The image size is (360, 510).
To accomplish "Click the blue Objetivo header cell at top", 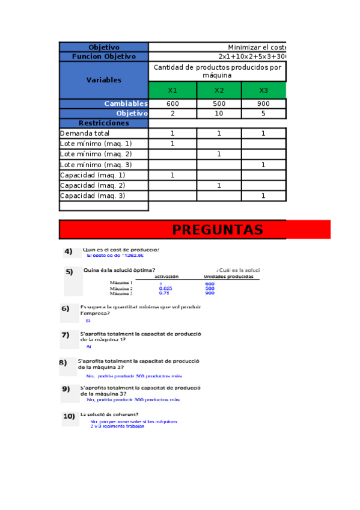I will (103, 47).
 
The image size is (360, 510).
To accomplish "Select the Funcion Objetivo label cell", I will (103, 57).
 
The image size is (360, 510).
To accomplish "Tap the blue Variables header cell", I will (103, 80).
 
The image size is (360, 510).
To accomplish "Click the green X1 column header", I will (172, 90).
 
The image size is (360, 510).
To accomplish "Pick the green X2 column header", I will (219, 90).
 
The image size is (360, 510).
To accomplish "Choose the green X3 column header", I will (263, 90).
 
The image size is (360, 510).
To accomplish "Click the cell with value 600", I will (172, 104).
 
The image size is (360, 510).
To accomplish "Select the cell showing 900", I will (263, 104).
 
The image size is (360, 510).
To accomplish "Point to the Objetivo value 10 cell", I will (219, 113).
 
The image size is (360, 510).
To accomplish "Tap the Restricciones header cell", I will (103, 123).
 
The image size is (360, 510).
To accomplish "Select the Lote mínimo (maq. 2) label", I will (96, 154).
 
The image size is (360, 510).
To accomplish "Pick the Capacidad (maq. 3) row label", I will (93, 195).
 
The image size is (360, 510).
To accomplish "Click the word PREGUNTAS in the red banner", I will (217, 230).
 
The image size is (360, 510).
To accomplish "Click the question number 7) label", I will (65, 335).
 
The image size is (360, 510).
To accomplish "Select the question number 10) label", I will (69, 416).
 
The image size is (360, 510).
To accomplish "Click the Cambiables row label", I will (126, 104).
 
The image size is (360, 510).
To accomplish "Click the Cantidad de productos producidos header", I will (217, 71).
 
